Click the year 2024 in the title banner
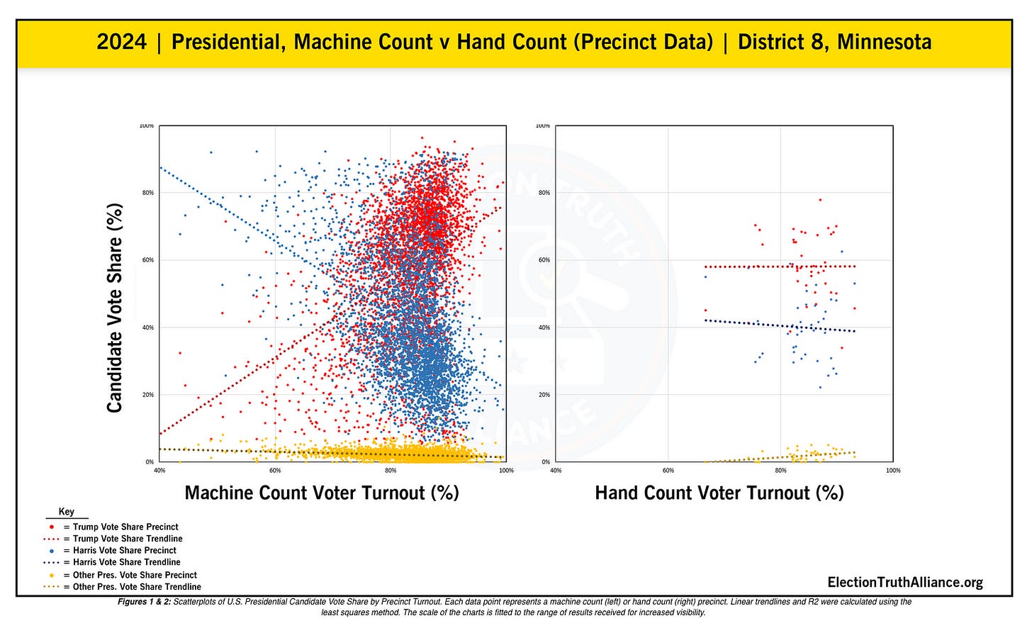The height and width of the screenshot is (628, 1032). [121, 43]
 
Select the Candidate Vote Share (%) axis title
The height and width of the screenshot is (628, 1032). [115, 308]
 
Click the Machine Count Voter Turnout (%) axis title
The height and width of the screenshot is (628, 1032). [322, 493]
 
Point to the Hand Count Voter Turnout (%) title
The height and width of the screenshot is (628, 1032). [719, 493]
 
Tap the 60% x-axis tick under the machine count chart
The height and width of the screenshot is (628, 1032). [275, 471]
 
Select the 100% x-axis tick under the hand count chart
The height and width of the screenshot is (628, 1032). [893, 471]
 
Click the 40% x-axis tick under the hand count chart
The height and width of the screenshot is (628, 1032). [556, 471]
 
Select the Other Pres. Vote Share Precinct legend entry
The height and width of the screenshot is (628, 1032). [135, 575]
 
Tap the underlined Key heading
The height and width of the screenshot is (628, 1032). [67, 512]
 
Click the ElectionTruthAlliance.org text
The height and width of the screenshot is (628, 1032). [905, 583]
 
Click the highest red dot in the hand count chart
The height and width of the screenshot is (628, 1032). [820, 200]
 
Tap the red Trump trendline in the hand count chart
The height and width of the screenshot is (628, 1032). [744, 267]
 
